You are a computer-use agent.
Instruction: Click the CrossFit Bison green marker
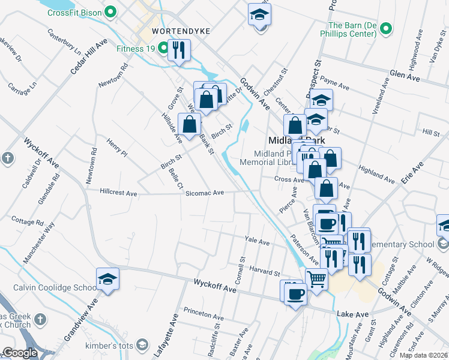110,12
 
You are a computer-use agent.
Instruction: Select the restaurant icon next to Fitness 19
178,50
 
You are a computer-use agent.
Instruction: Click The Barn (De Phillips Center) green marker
387,29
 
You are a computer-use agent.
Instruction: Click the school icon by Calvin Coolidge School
107,280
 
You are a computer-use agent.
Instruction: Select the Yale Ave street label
257,241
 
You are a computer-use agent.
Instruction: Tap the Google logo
20,353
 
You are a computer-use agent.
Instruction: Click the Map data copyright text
423,355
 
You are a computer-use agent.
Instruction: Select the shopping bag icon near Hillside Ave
189,125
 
